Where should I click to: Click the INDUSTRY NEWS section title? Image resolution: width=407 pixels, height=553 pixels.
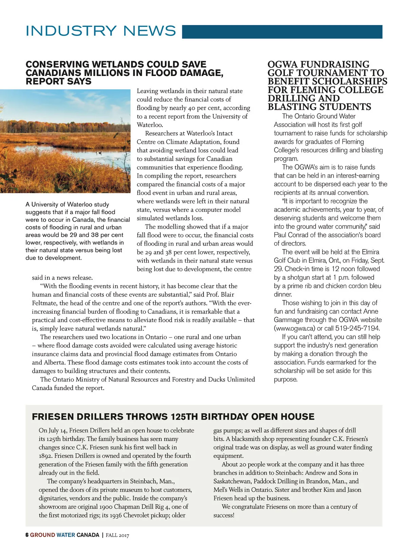tap(101, 31)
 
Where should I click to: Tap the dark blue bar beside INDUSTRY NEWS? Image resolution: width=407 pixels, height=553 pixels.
tap(282, 32)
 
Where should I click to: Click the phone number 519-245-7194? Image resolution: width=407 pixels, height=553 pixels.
tap(357, 328)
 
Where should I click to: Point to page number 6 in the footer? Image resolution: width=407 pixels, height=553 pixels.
tap(27, 535)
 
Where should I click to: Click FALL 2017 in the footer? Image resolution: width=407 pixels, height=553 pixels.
tap(117, 535)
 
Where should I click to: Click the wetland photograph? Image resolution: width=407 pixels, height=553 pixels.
tap(65, 141)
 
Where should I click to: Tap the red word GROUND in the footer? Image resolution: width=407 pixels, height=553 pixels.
tap(42, 535)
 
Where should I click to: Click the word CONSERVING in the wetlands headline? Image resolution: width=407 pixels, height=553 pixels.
tap(58, 64)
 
